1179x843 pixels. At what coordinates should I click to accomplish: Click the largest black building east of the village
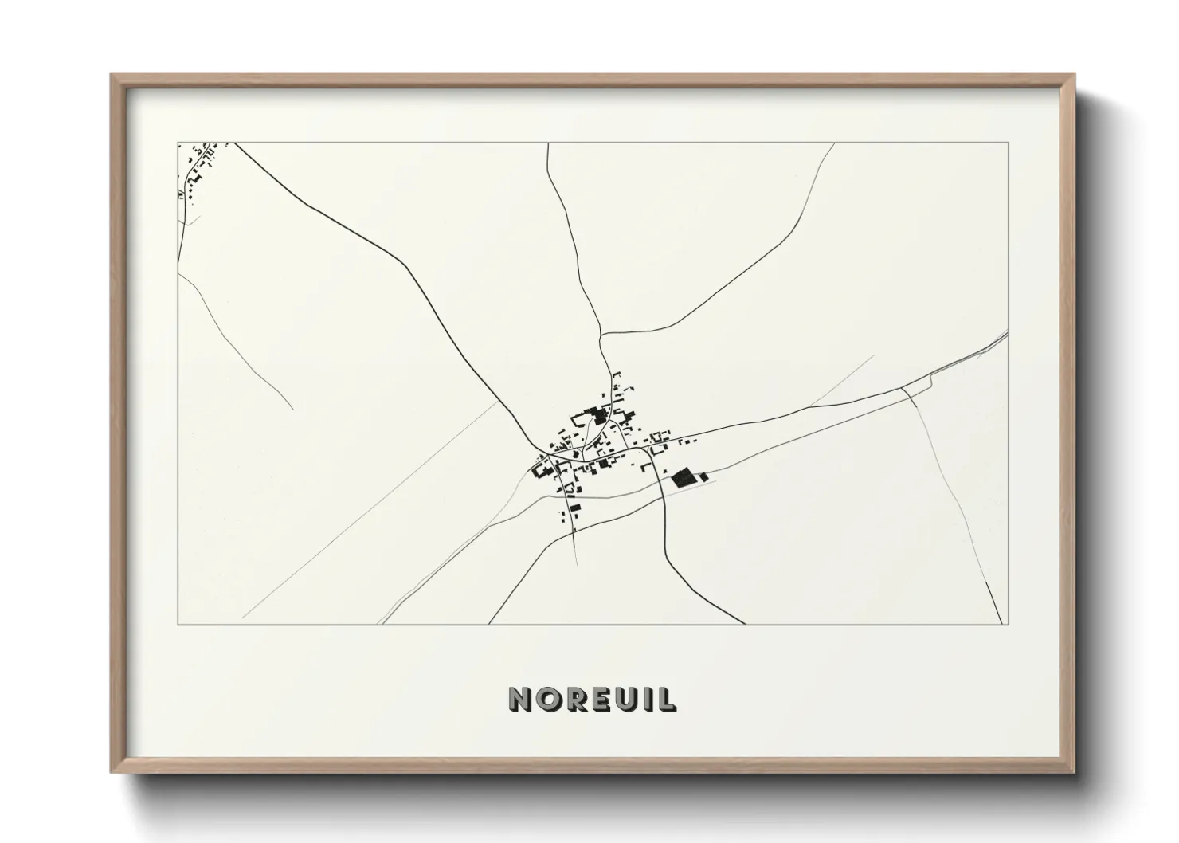coord(682,478)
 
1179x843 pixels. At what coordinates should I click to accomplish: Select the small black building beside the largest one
coord(703,477)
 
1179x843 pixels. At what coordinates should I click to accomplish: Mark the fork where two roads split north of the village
coord(601,335)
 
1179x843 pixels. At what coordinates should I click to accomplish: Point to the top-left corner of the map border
coord(178,143)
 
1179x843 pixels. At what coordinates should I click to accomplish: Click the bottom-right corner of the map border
coord(1008,624)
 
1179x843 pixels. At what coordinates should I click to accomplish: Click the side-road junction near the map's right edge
coord(903,389)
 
